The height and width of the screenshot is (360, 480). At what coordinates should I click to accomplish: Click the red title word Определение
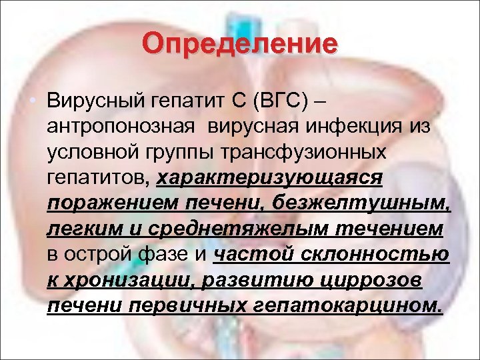[240, 45]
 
